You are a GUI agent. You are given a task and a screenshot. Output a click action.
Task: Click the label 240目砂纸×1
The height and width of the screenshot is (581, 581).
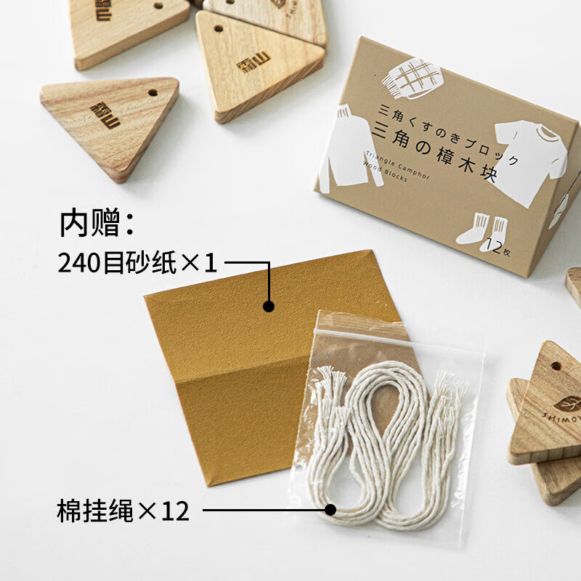pyautogui.click(x=137, y=263)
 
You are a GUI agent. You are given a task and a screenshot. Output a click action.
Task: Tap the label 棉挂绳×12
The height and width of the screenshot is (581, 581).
pyautogui.click(x=123, y=511)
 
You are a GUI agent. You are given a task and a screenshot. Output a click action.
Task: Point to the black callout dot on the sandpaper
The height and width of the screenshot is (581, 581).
pyautogui.click(x=269, y=306)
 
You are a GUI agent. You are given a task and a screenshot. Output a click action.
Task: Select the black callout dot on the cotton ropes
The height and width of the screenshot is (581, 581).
pyautogui.click(x=330, y=511)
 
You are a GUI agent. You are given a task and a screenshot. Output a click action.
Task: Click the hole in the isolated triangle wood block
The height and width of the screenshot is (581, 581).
pyautogui.click(x=154, y=94)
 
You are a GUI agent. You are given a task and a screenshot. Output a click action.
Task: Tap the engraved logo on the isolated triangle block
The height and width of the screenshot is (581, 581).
pyautogui.click(x=106, y=115)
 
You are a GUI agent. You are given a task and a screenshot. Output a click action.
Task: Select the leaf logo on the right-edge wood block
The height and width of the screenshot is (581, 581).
pyautogui.click(x=567, y=402)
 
